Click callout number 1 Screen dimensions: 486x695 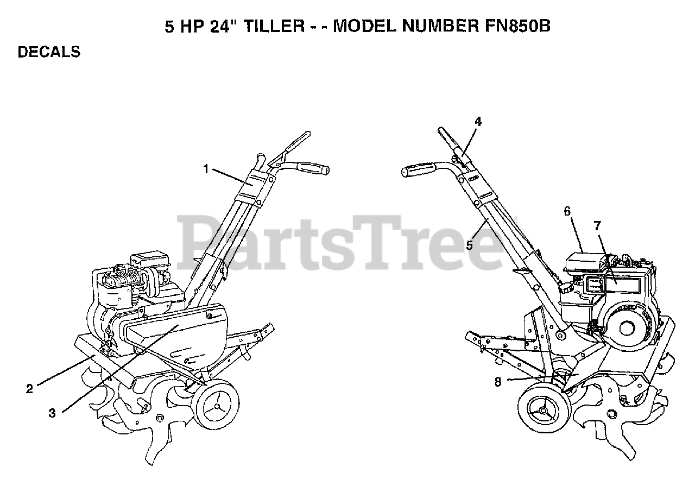(206, 169)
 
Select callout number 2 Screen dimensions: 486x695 (30, 388)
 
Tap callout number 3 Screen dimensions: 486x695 (52, 413)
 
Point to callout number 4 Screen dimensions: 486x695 (478, 122)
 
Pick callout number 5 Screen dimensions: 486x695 (470, 245)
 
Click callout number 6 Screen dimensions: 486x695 (567, 211)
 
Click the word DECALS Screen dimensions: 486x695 (49, 52)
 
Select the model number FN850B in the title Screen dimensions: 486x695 (516, 27)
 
